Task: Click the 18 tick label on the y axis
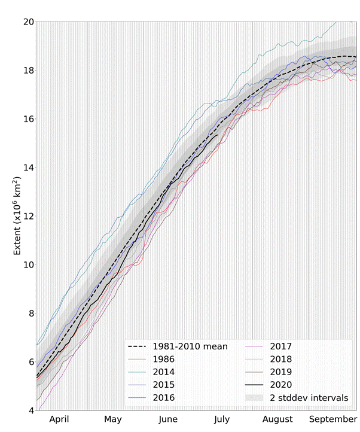point(27,70)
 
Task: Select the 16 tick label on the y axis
point(27,119)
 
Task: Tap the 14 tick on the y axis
point(27,168)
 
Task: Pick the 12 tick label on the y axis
point(27,216)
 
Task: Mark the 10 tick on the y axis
point(27,264)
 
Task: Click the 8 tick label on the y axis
point(29,314)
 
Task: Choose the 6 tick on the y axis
point(29,362)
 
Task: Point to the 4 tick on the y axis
point(29,410)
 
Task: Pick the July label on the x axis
point(222,419)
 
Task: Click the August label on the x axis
point(277,419)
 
